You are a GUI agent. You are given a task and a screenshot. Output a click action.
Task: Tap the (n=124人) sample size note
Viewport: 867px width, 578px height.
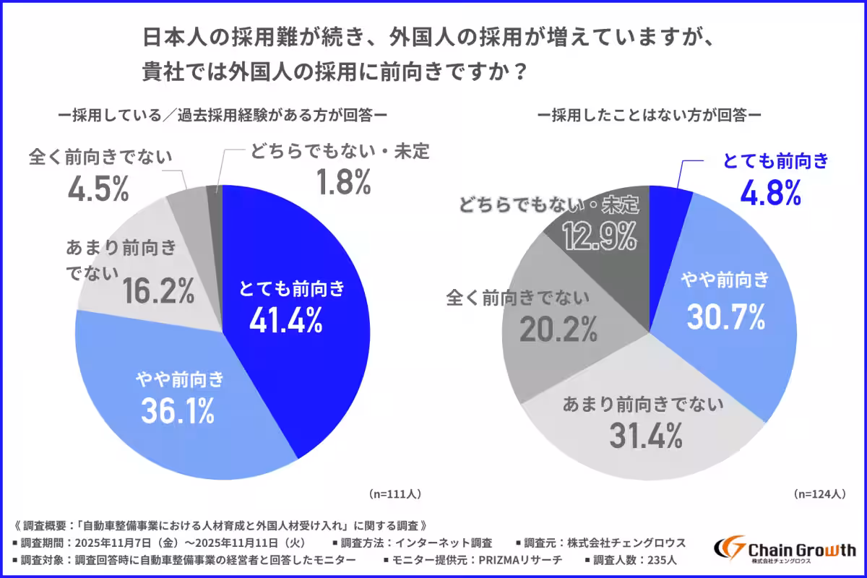(x=819, y=494)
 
